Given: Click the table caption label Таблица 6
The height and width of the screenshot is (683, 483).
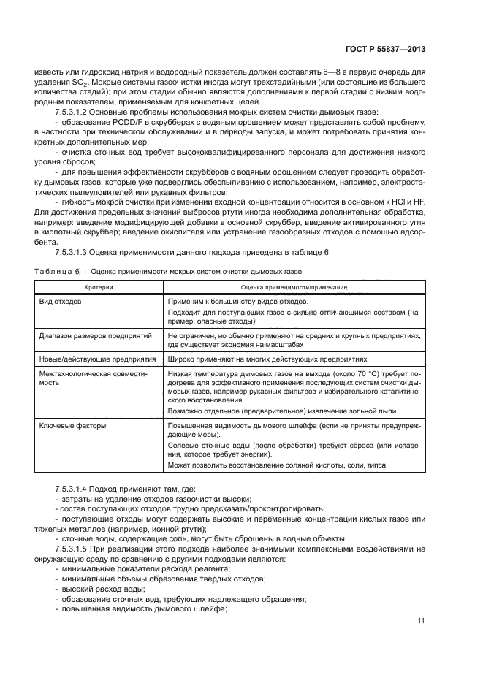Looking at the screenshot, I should pyautogui.click(x=59, y=271).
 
